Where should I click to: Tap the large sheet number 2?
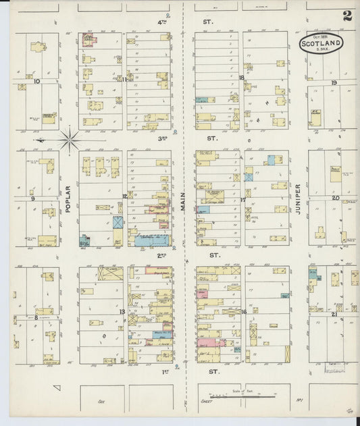pos(346,16)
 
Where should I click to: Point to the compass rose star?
pos(70,140)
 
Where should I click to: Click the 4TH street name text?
pos(162,22)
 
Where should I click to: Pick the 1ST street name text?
pos(162,371)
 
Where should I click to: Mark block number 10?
pos(36,82)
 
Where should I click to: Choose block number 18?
pos(241,78)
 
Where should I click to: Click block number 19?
pos(334,82)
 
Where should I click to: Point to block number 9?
pos(32,198)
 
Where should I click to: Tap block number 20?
pos(334,198)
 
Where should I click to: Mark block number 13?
pos(122,312)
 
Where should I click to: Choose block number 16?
pos(242,312)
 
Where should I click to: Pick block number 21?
pos(334,315)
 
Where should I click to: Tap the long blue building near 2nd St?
pos(152,240)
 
